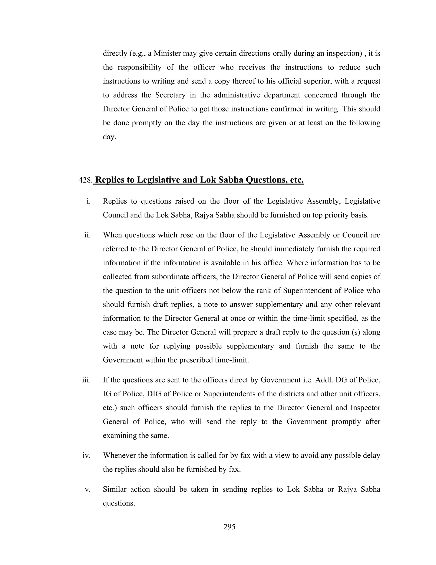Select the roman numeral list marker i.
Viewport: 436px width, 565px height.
(x=89, y=201)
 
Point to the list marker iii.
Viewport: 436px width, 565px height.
(x=86, y=380)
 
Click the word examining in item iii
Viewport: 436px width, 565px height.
(x=120, y=436)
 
